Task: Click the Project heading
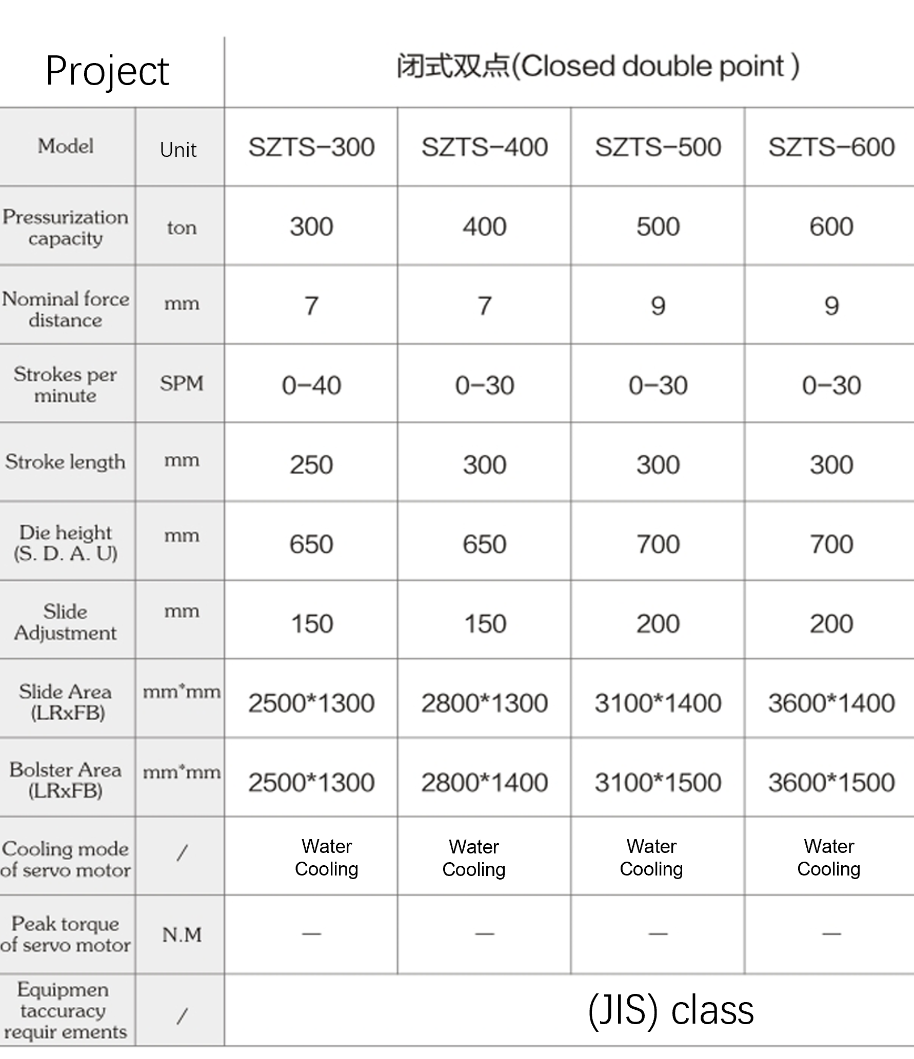[107, 71]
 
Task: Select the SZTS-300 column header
[311, 148]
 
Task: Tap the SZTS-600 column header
[831, 148]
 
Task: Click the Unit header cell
[178, 150]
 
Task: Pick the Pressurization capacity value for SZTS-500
[658, 227]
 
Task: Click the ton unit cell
[182, 227]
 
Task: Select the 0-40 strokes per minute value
[311, 385]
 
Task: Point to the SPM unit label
[182, 383]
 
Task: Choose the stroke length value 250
[311, 465]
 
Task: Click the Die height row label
[66, 543]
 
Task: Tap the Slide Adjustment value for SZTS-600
[831, 624]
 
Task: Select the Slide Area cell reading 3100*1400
[658, 703]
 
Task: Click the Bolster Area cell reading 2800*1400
[485, 783]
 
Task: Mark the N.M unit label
[182, 935]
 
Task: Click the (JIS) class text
[671, 1010]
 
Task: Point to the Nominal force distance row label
[66, 309]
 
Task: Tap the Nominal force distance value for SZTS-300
[311, 306]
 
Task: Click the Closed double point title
[598, 67]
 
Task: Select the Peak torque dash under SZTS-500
[658, 934]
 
